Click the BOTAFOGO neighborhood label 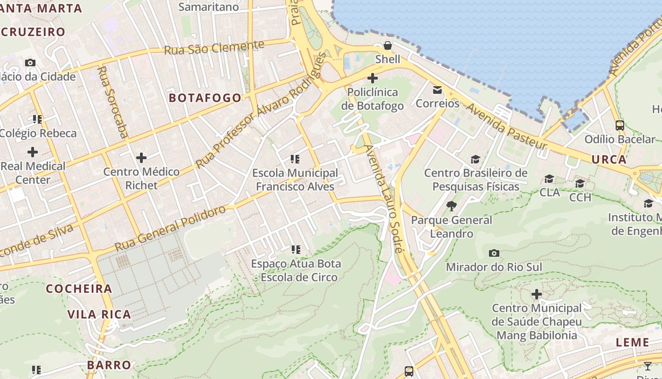[205, 98]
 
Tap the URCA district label [609, 159]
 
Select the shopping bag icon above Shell [388, 45]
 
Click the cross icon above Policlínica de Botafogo [373, 78]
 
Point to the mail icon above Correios [437, 90]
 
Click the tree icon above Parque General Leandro [452, 206]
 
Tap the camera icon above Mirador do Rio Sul [494, 253]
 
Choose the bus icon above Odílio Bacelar [619, 126]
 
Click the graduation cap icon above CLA [549, 179]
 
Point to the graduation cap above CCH [580, 183]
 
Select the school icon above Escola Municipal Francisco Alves [296, 159]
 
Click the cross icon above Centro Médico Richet [141, 158]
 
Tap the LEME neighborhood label [633, 343]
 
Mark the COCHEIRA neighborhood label [79, 289]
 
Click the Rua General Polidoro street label [170, 228]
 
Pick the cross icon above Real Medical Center [33, 152]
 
